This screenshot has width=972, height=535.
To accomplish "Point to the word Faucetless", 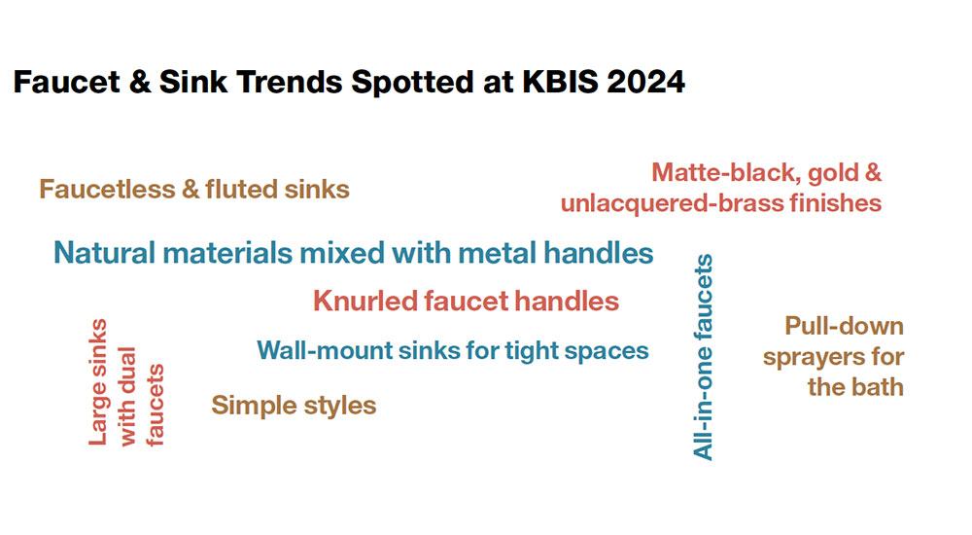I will click(107, 189).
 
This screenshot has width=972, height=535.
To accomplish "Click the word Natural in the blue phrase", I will click(105, 253).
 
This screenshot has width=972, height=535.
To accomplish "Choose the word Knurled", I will click(364, 302).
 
